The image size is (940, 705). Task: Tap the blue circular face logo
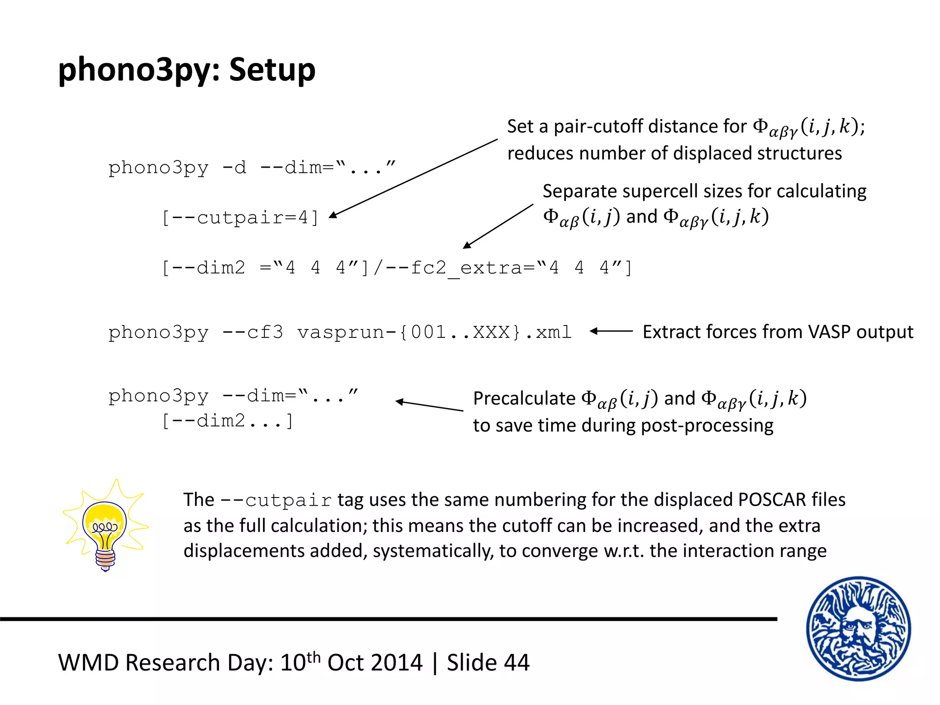click(x=858, y=628)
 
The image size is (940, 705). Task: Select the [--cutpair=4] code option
click(x=240, y=218)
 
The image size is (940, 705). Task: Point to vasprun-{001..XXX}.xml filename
click(x=434, y=332)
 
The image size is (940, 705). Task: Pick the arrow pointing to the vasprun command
click(x=611, y=331)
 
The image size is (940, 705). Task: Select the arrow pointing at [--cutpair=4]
click(x=413, y=178)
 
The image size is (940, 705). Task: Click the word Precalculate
click(x=524, y=398)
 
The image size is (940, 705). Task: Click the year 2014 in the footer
click(x=397, y=663)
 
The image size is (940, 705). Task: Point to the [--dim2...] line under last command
click(x=227, y=421)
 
